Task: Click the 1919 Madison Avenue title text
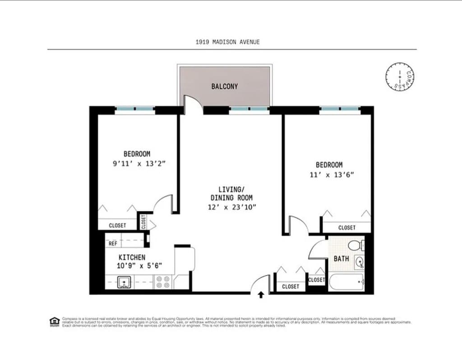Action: [227, 42]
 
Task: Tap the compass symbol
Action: [400, 76]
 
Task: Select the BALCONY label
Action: [224, 86]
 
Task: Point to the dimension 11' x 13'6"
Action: [329, 175]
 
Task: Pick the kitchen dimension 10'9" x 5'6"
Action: [139, 266]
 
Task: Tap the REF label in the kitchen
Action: [113, 244]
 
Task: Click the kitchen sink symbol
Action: [124, 283]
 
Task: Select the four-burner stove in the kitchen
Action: [163, 282]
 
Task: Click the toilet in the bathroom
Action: [356, 246]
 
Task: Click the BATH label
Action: [341, 259]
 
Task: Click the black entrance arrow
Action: [261, 295]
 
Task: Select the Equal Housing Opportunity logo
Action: [54, 322]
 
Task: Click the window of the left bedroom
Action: [135, 109]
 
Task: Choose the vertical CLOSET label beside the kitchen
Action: [143, 222]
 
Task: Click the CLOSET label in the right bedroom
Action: [346, 228]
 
